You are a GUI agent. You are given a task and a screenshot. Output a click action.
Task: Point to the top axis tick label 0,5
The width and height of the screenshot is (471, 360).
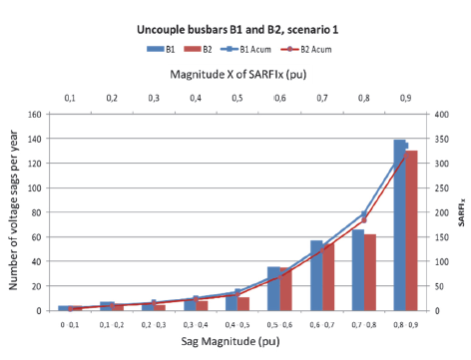coord(237,98)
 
